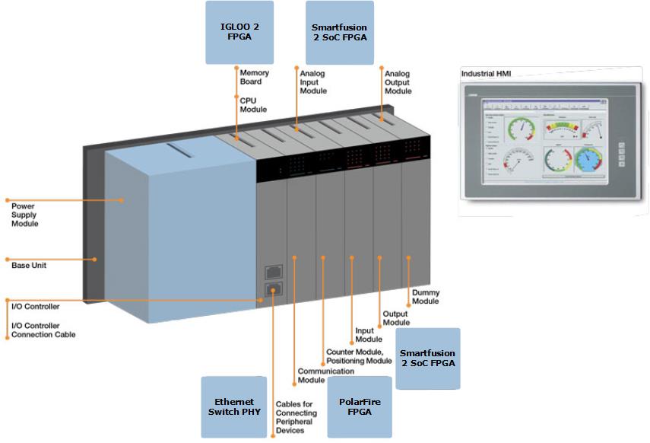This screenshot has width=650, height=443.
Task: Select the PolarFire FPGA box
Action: (359, 406)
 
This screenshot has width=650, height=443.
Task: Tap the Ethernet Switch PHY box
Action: (234, 406)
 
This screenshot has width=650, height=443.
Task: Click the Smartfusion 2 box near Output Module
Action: (428, 359)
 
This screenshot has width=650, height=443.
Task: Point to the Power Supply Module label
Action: (24, 215)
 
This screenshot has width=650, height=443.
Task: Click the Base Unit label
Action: (29, 266)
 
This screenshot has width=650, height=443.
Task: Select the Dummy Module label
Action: (426, 296)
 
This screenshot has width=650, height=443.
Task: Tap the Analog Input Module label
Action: (313, 82)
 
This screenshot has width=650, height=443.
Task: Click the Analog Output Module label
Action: (398, 82)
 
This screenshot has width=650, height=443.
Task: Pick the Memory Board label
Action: (255, 77)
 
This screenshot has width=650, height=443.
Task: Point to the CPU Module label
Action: (253, 104)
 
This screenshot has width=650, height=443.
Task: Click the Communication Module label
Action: (326, 375)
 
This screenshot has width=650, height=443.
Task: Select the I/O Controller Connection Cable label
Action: (43, 330)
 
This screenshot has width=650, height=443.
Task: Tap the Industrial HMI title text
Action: (487, 73)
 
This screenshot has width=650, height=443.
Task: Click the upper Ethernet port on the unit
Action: (274, 270)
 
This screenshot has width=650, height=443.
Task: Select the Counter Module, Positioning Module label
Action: (359, 356)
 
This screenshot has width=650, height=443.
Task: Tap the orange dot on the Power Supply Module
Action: (122, 200)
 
